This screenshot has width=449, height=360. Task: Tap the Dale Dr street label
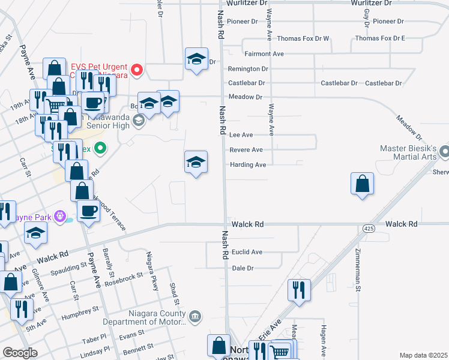point(243,268)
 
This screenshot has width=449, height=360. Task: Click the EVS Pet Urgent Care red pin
point(136,70)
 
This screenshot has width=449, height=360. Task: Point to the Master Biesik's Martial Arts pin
point(443,150)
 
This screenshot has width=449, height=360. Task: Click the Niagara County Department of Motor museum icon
point(194,316)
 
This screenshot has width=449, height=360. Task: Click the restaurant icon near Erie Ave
point(298,290)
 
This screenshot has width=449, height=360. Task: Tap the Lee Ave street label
point(241,136)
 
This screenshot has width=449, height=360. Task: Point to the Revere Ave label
point(246,150)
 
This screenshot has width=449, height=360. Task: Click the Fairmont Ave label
point(264,54)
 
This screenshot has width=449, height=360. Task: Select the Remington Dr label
point(248,69)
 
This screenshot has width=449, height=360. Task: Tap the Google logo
point(20,353)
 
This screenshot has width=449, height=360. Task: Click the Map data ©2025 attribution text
point(423,355)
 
